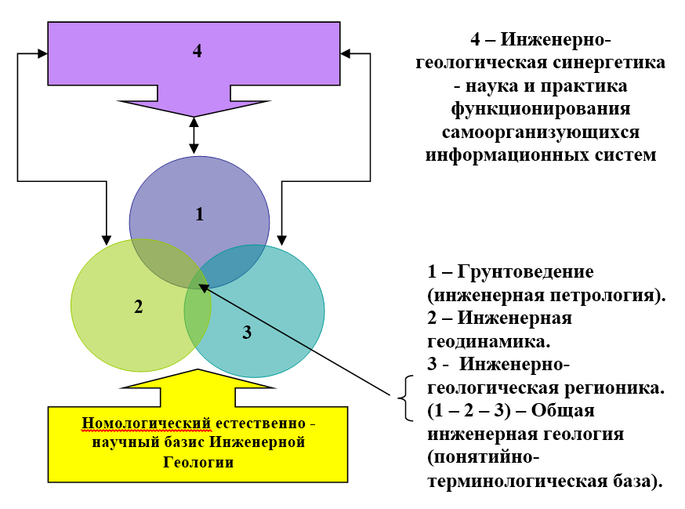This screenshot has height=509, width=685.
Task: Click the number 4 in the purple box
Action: [x=197, y=51]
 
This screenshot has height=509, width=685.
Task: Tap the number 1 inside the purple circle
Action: [x=199, y=213]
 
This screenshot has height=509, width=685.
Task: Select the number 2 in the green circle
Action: [x=138, y=306]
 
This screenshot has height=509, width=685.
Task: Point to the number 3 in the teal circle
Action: [x=246, y=332]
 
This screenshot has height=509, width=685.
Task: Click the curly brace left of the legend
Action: [x=405, y=398]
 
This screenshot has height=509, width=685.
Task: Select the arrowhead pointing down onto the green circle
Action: [x=107, y=236]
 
